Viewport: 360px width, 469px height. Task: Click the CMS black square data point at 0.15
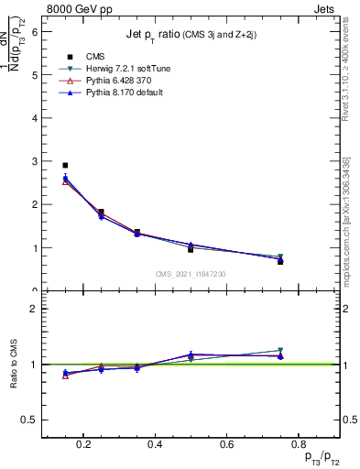[65, 166]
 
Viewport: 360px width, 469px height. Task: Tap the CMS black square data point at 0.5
[191, 249]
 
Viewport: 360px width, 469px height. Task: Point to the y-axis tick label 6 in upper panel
[35, 31]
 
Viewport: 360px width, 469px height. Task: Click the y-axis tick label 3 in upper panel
[35, 161]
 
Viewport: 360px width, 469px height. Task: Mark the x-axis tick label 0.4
[155, 445]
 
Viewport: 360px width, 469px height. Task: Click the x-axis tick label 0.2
[83, 445]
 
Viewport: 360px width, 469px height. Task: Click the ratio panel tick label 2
[35, 309]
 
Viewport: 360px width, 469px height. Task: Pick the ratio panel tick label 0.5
[30, 420]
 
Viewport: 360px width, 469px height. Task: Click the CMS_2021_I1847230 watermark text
[191, 274]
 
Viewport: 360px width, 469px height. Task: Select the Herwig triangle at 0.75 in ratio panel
[280, 351]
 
